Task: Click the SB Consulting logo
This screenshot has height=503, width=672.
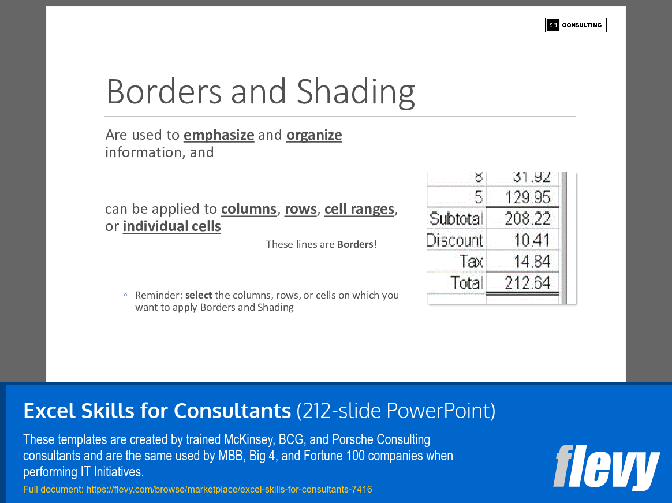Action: coord(576,25)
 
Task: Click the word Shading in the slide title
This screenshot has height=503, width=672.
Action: coord(356,91)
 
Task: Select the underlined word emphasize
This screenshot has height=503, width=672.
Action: coord(219,135)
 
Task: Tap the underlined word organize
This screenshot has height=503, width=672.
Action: coord(314,135)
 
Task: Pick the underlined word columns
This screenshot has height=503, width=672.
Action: coord(249,209)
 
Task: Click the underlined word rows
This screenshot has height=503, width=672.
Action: coord(301,209)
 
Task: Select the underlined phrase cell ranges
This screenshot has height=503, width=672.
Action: coord(359,209)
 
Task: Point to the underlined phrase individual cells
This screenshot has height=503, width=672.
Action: coord(171,226)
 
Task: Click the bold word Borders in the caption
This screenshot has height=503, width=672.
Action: coord(355,244)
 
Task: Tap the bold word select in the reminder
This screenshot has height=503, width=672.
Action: coord(199,295)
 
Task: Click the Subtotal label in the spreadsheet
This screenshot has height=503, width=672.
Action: coord(456,219)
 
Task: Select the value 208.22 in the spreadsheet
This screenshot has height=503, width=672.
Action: coord(528,219)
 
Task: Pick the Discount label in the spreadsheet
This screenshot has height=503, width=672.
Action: coord(455,240)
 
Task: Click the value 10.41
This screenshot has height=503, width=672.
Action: coord(532,240)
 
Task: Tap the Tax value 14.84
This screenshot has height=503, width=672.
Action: coord(532,262)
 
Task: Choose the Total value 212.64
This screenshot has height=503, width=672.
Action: coord(528,283)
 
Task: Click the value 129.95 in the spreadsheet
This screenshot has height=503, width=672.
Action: coord(528,198)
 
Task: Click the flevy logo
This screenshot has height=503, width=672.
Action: coord(606,467)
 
